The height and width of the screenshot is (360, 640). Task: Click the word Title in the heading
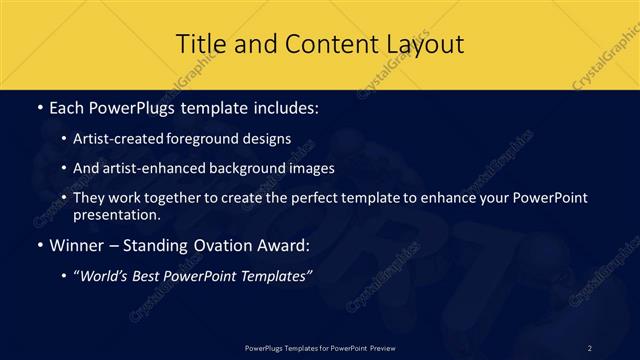point(200,44)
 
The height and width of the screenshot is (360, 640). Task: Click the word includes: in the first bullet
point(284,106)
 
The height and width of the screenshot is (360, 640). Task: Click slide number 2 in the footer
point(590,347)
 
